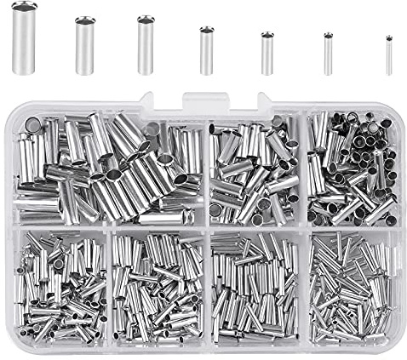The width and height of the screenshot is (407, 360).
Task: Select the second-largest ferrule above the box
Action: tap(84, 46)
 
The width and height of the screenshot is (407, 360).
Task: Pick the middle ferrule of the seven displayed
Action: tap(206, 51)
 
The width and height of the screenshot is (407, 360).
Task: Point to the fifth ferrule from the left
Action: tap(267, 53)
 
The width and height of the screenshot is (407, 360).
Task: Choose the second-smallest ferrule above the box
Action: tap(328, 54)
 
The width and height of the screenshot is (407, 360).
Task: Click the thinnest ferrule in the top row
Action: tap(389, 55)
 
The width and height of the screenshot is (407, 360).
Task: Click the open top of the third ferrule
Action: tap(146, 19)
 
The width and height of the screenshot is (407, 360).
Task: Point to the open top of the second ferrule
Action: tap(84, 20)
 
